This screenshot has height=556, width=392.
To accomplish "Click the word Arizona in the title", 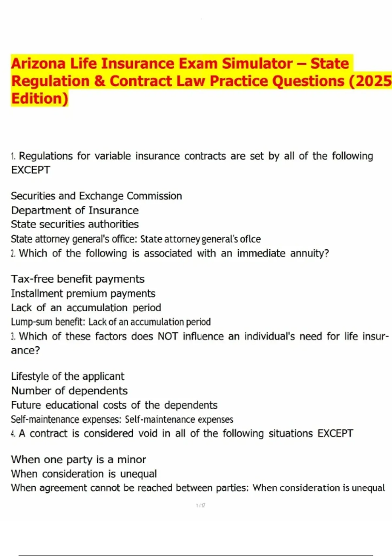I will tap(39, 63).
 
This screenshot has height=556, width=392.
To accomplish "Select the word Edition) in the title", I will tap(40, 98).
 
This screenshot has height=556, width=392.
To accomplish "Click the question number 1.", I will tap(13, 156).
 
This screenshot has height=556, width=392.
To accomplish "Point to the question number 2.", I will tap(13, 253).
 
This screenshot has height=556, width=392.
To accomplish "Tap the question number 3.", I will tap(13, 337).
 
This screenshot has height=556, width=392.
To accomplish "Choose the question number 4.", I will tap(13, 434).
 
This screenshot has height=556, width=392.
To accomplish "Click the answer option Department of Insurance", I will tap(75, 210).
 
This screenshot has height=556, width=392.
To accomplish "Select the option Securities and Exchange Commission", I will tap(96, 196).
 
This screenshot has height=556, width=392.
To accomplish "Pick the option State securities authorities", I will tap(75, 224).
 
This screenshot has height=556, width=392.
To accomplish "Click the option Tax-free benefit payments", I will tap(78, 279).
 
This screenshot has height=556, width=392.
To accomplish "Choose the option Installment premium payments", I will tap(83, 293).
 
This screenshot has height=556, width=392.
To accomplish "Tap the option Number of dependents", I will tap(69, 391).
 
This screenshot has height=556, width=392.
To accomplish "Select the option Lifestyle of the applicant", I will tap(68, 376).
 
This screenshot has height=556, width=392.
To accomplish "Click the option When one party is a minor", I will tap(78, 460).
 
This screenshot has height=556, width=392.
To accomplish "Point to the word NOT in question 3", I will tap(168, 336).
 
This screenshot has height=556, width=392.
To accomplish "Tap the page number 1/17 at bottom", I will tap(201, 506).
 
